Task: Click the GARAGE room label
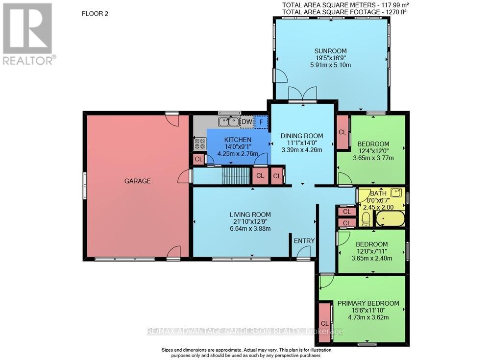(x=137, y=181)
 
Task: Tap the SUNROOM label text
(x=330, y=50)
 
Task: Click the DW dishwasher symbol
(x=247, y=121)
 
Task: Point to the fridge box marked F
(x=261, y=121)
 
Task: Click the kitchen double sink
(x=228, y=121)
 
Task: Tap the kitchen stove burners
(x=200, y=143)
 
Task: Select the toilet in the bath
(x=365, y=218)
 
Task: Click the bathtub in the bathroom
(x=390, y=218)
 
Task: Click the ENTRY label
(x=304, y=240)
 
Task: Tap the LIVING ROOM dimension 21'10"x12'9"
(x=250, y=221)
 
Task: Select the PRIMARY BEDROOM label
(x=368, y=303)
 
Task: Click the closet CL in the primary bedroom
(x=324, y=323)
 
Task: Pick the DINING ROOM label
(x=301, y=136)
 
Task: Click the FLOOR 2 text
(x=94, y=14)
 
